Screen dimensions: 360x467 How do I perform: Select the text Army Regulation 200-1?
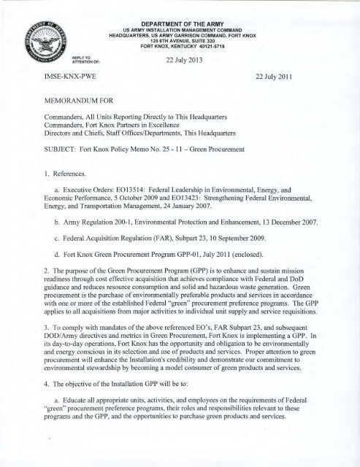[x=98, y=238]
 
